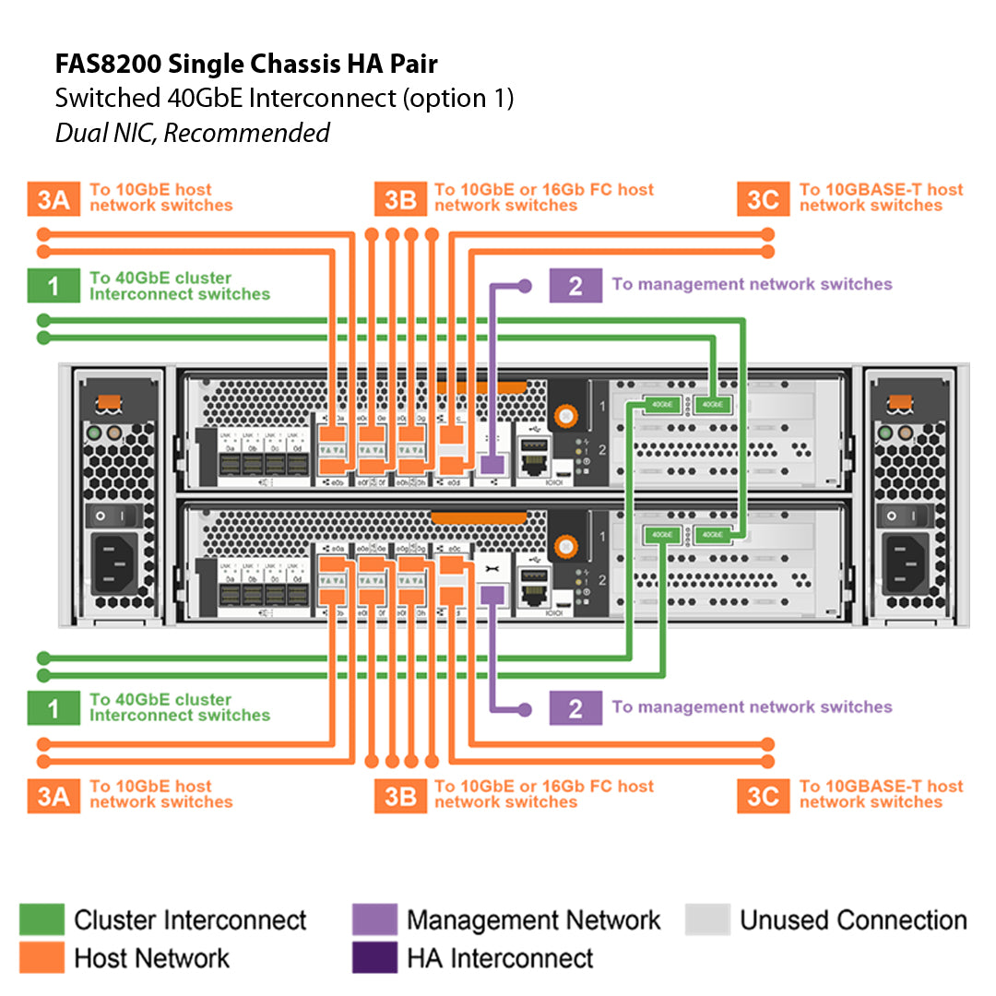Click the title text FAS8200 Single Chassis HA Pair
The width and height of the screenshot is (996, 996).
tap(246, 65)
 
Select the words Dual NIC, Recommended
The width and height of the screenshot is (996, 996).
tap(192, 133)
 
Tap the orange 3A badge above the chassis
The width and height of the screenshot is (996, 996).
tap(53, 199)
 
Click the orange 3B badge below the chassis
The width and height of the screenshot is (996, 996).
tap(399, 796)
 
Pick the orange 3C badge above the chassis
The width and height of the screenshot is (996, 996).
tap(763, 199)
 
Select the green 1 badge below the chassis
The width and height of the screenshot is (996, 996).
tap(53, 707)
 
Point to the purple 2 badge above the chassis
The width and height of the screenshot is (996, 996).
tap(575, 285)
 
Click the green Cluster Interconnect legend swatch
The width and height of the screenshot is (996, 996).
tap(41, 919)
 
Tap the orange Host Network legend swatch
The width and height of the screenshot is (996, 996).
tap(41, 957)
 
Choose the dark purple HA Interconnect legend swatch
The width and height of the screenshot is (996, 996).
tap(374, 957)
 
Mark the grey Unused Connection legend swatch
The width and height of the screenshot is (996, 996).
tap(707, 919)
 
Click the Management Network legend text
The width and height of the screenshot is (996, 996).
tap(533, 920)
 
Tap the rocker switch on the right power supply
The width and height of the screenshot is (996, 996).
tap(903, 516)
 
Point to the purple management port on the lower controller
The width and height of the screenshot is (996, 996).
tap(492, 594)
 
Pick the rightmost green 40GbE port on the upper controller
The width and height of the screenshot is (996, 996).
tap(711, 404)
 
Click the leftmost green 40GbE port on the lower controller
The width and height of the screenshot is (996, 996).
tap(659, 534)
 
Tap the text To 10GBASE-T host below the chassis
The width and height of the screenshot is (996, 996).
tap(881, 786)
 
